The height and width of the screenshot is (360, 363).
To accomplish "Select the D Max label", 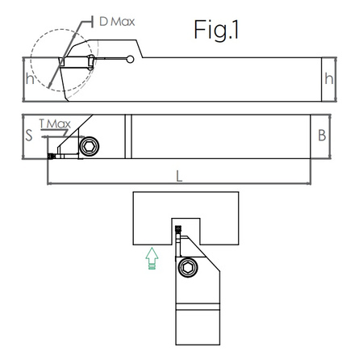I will point(117,20).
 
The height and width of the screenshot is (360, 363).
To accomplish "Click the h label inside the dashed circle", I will point(30,79).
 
